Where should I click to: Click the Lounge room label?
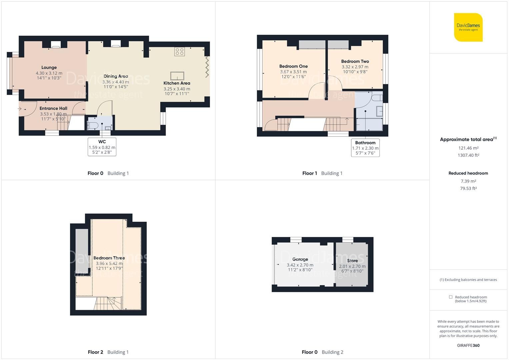click(x=49, y=67)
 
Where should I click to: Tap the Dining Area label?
click(x=116, y=76)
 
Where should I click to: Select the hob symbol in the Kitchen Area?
click(x=179, y=51)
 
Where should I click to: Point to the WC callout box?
click(x=102, y=147)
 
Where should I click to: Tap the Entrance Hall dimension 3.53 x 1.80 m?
click(x=53, y=114)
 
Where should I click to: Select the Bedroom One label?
click(x=293, y=66)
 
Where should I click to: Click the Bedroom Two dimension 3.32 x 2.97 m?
click(x=355, y=67)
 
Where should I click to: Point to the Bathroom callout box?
click(x=365, y=148)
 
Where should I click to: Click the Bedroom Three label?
click(x=109, y=258)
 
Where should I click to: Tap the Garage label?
click(x=300, y=259)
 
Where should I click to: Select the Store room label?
click(x=352, y=261)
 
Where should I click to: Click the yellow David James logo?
click(x=468, y=27)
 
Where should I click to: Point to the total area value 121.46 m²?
click(x=468, y=148)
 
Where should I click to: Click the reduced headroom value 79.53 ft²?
click(x=468, y=188)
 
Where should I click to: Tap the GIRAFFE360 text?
click(x=468, y=345)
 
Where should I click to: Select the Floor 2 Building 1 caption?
click(x=108, y=352)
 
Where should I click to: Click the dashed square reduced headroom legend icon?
click(x=451, y=297)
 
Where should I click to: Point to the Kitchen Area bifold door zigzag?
click(x=207, y=67)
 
